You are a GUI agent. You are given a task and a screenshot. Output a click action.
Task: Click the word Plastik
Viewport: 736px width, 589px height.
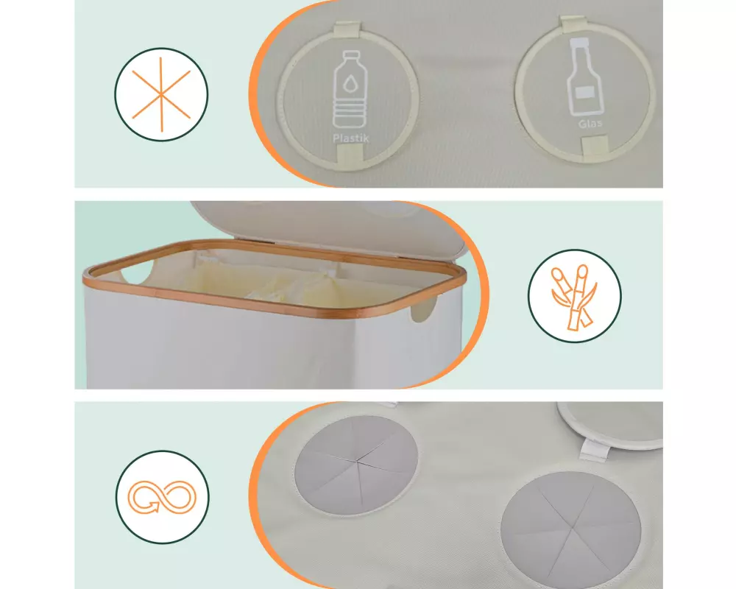coord(350,138)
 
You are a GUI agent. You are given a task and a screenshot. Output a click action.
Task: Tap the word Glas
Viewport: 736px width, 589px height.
coord(590,124)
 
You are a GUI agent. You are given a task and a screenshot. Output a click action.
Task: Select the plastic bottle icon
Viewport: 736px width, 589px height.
coord(349,89)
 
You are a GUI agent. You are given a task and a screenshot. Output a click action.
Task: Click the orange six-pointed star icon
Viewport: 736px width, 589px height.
coord(161,94)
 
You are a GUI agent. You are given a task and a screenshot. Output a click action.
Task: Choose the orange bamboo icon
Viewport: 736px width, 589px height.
coord(573,297)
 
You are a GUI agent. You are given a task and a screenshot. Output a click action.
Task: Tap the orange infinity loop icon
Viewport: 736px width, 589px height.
coord(162,497)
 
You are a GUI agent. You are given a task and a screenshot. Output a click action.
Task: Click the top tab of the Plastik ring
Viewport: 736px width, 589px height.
coord(346,29)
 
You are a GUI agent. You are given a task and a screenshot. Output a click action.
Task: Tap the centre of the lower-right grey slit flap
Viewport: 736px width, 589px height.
coord(571,523)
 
